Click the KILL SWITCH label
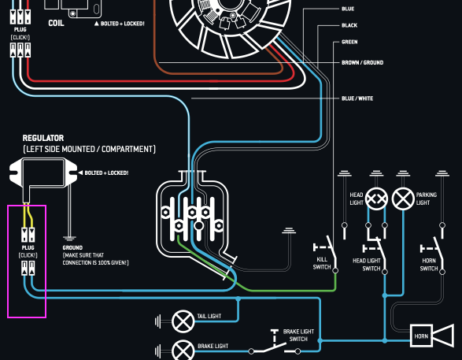click(322, 263)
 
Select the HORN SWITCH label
click(429, 265)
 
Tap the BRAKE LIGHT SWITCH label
click(298, 336)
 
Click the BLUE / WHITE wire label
click(357, 98)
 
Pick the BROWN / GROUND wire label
click(362, 62)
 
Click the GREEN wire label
click(349, 42)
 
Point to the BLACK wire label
click(349, 25)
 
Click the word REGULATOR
click(43, 138)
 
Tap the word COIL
click(56, 23)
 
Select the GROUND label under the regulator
click(72, 247)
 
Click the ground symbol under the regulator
click(69, 238)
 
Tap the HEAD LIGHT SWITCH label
click(367, 265)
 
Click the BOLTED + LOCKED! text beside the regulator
click(106, 173)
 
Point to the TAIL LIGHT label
click(209, 316)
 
